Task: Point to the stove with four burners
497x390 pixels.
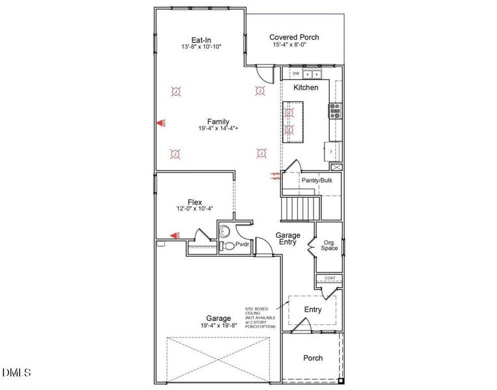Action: (x=334, y=110)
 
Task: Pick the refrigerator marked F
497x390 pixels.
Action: (x=332, y=151)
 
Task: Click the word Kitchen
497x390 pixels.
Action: (x=306, y=87)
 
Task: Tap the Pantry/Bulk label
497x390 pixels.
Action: (x=317, y=180)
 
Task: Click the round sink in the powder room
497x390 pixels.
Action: (x=225, y=229)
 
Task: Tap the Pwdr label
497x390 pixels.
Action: (x=243, y=244)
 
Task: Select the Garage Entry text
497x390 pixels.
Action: (x=288, y=239)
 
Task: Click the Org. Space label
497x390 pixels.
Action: (x=330, y=246)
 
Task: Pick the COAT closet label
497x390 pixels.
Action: (x=329, y=279)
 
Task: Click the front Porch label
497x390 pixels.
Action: (x=313, y=358)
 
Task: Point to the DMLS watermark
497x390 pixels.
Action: (x=16, y=372)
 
